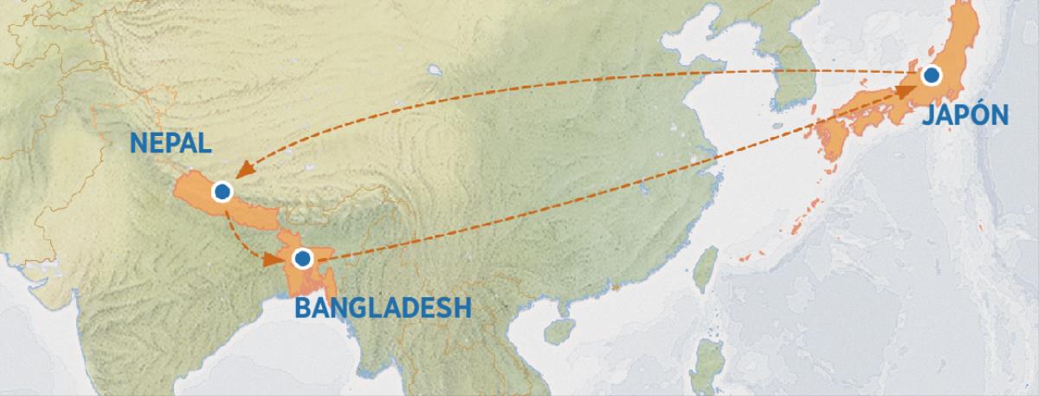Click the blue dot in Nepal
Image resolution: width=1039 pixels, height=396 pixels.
pos(223,191)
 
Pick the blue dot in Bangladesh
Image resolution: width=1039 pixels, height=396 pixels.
pos(302,257)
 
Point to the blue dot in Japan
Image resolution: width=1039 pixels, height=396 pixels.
pos(931,75)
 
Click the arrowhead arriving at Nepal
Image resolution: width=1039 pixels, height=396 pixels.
pos(244,170)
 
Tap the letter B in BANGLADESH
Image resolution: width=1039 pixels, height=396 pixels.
pos(304,308)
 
